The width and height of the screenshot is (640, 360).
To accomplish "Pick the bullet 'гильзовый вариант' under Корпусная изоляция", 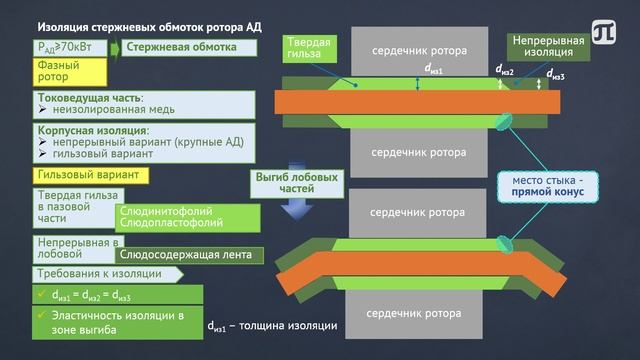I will click(x=101, y=155).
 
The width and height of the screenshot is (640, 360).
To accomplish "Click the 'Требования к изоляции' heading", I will click(x=99, y=272).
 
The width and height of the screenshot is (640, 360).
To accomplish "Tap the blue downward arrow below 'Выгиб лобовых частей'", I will click(x=293, y=207).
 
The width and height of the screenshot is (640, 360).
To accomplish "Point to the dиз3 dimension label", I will click(x=556, y=75).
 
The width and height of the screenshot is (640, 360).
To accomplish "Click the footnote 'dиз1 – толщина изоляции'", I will click(x=273, y=325).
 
